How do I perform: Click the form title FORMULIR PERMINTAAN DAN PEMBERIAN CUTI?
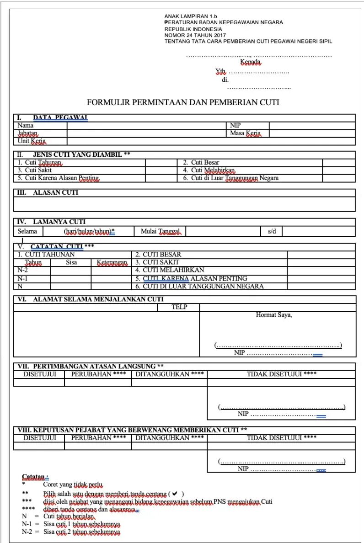[183, 102]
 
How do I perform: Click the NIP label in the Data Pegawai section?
[236, 125]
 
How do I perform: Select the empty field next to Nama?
[145, 125]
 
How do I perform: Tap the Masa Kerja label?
[245, 133]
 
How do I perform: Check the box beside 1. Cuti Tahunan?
[161, 162]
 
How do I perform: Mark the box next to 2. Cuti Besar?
[338, 162]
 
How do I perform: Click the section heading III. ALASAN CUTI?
[47, 193]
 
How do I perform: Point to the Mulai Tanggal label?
[160, 231]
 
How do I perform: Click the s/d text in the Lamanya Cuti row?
[272, 231]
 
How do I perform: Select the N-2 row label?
[23, 270]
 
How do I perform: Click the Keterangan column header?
[112, 262]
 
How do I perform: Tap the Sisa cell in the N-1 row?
[71, 278]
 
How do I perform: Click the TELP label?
[179, 307]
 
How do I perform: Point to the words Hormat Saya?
[274, 315]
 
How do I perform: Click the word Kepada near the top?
[250, 62]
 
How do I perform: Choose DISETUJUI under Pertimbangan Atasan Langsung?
[39, 374]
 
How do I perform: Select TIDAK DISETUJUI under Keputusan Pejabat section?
[281, 438]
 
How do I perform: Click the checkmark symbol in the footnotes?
[176, 494]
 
